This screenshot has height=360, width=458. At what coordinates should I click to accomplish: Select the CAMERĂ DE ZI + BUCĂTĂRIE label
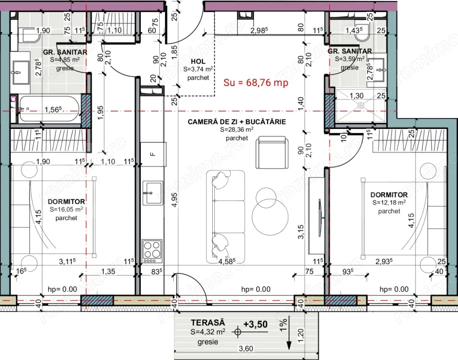(x=237, y=122)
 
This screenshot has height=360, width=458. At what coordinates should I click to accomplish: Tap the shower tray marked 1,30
(x=360, y=105)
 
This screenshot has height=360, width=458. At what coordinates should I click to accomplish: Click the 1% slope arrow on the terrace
(x=289, y=337)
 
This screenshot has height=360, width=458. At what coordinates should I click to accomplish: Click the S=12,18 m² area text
(x=389, y=203)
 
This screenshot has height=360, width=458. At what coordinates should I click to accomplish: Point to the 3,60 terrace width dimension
(x=244, y=349)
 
